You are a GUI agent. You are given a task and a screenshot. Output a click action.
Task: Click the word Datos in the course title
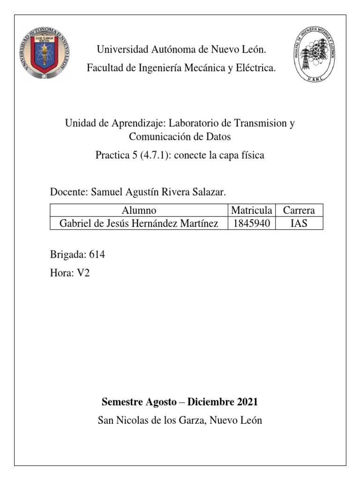(x=217, y=137)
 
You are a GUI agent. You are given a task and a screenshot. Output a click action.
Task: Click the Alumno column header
(x=139, y=210)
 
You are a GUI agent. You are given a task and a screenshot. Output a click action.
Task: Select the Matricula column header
(x=251, y=210)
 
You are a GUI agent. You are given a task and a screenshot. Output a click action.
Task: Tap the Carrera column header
(x=299, y=210)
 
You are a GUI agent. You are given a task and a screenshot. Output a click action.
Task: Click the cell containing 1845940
(x=251, y=224)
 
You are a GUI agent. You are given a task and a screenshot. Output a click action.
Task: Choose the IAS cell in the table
(x=299, y=224)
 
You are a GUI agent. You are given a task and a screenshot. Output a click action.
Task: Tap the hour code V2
(x=83, y=273)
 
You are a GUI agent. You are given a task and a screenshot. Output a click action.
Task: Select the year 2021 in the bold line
(x=247, y=402)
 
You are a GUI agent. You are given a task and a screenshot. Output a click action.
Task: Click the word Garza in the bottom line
(x=193, y=420)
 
